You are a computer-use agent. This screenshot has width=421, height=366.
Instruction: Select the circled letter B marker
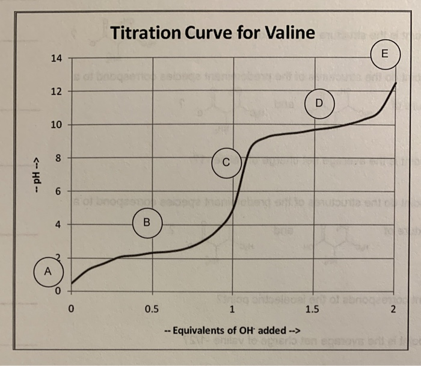click(146, 221)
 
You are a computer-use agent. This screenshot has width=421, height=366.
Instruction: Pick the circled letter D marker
click(319, 102)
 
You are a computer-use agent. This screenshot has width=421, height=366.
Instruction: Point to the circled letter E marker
click(386, 53)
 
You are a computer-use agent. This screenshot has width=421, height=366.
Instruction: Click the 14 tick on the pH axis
click(56, 59)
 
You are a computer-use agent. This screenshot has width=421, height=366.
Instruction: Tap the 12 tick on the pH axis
click(56, 92)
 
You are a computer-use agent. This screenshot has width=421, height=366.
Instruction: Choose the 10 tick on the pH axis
click(56, 125)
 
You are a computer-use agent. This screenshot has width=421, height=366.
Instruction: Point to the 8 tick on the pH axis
click(58, 158)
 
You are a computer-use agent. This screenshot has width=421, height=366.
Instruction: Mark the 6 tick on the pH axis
click(58, 191)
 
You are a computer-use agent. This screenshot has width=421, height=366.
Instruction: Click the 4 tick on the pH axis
click(58, 225)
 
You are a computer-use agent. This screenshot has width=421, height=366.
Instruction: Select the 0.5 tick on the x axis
click(152, 309)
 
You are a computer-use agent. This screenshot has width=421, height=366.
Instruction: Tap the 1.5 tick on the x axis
click(313, 309)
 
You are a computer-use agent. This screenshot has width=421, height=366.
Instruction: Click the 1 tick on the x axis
click(233, 309)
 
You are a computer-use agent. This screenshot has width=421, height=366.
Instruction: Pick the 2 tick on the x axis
click(393, 309)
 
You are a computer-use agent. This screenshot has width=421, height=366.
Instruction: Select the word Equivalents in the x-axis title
click(202, 330)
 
